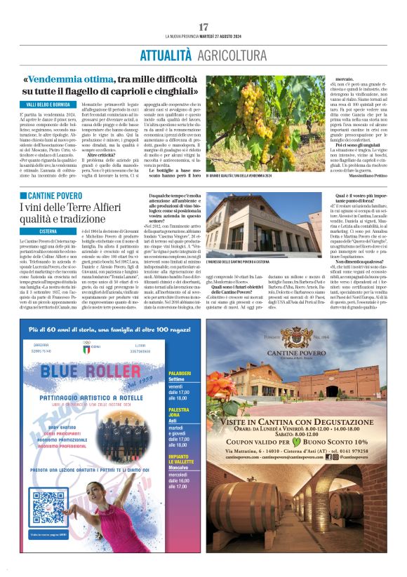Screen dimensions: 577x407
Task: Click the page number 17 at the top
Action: tap(203, 27)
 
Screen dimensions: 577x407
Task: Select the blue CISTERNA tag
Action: tap(48, 230)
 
